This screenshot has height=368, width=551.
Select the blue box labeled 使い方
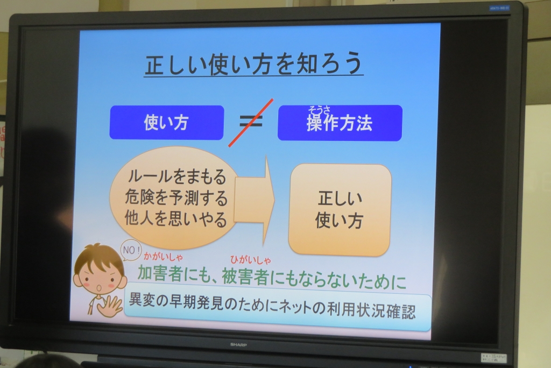[167, 122]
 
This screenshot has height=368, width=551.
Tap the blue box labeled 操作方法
[340, 123]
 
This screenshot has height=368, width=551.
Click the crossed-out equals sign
[251, 122]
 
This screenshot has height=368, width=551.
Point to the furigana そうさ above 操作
[319, 110]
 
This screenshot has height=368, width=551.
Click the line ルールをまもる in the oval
[176, 176]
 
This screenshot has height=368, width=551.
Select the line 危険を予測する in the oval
[176, 198]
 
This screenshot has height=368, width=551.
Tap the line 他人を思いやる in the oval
[176, 219]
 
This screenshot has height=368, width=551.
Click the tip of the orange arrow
[274, 200]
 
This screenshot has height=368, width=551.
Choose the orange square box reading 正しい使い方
[340, 210]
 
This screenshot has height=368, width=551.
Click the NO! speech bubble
[131, 250]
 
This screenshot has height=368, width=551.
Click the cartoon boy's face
[100, 277]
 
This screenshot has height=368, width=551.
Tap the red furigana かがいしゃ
[164, 257]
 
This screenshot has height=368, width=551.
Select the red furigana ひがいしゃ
[251, 260]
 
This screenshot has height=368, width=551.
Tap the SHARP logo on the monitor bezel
[238, 345]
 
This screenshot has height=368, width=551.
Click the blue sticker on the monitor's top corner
[499, 8]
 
